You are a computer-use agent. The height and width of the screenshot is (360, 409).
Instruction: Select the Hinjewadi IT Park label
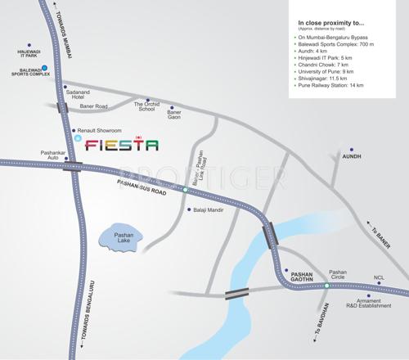(x=29, y=54)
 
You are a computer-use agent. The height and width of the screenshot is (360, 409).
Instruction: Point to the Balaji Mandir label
(x=208, y=210)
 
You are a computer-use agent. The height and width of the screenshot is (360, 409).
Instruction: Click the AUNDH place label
(x=350, y=155)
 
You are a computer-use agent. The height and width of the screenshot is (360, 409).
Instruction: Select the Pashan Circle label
(x=338, y=272)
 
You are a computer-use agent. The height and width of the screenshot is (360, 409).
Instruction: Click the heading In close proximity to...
(x=331, y=23)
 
